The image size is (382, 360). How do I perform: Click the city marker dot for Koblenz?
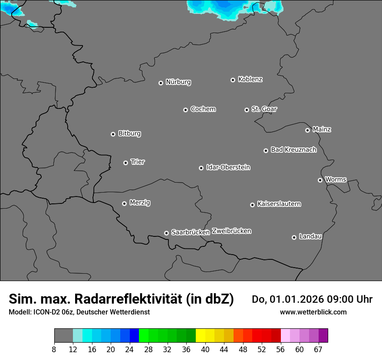pos(233,80)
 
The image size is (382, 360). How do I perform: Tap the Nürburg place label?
pos(178,82)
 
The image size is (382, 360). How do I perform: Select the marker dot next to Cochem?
pos(185,110)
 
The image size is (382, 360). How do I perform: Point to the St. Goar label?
pos(264,109)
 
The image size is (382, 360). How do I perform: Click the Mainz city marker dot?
pos(307,130)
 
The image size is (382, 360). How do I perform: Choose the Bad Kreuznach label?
pos(293,150)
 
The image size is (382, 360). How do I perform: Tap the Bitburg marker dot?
pos(113,134)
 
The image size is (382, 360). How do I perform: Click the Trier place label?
pos(138,162)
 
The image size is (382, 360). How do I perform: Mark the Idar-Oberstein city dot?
pos(201,168)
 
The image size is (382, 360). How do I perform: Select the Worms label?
pos(336,180)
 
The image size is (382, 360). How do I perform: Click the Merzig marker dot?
pos(124,203)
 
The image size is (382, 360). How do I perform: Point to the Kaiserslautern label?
pos(279,204)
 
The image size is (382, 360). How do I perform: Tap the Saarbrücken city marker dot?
pos(166,233)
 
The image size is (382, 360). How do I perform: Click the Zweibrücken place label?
pos(231,231)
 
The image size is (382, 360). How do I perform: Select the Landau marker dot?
pos(294,237)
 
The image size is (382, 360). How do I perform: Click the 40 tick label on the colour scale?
pos(205,349)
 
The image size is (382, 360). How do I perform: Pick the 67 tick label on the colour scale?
pos(318,349)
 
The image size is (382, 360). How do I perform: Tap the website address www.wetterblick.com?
pos(313,312)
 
